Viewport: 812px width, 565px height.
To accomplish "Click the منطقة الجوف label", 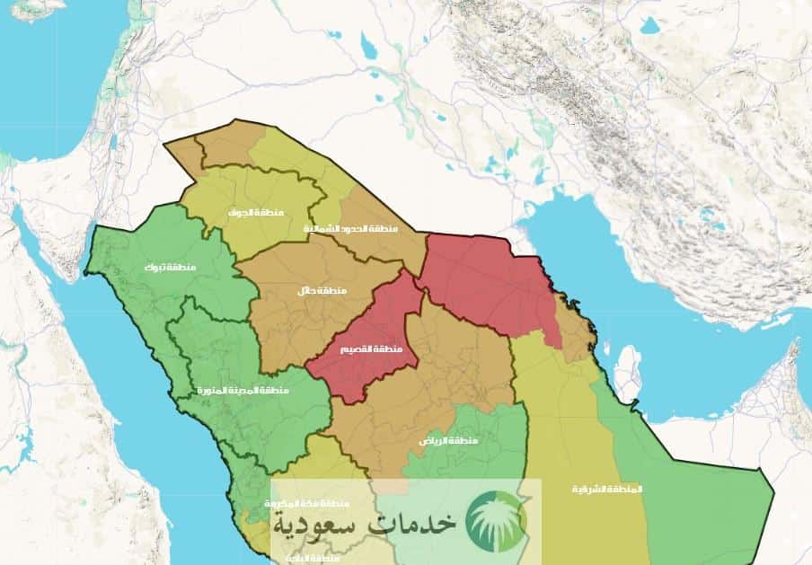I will (x=256, y=212).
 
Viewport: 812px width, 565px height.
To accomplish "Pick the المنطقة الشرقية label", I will (x=608, y=489).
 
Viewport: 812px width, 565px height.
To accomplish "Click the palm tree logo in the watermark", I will (x=497, y=518).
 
